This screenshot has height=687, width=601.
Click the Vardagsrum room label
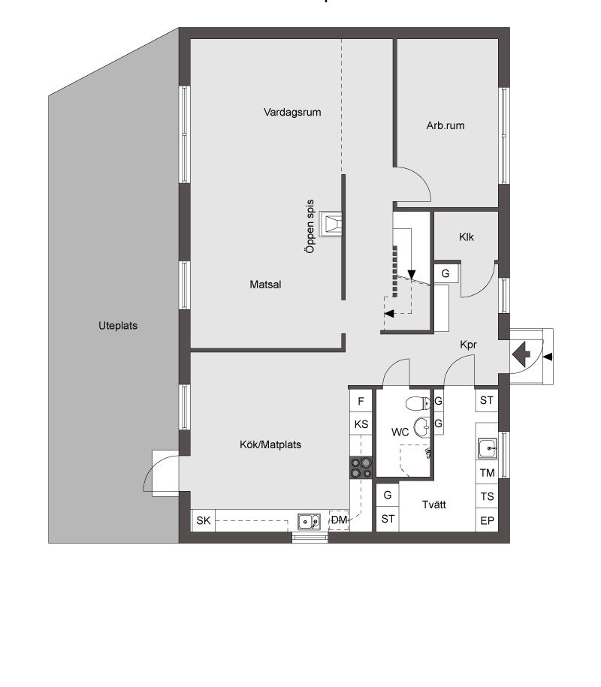pyautogui.click(x=292, y=112)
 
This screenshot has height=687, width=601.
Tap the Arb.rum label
pyautogui.click(x=445, y=125)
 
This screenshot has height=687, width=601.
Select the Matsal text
pyautogui.click(x=265, y=285)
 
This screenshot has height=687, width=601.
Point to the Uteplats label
pyautogui.click(x=118, y=326)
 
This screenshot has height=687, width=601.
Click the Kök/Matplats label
pyautogui.click(x=270, y=444)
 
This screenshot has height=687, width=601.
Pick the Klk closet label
pyautogui.click(x=467, y=237)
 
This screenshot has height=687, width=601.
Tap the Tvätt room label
pyautogui.click(x=434, y=505)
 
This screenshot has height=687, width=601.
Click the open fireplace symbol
pyautogui.click(x=331, y=224)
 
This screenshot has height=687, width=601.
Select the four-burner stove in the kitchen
pyautogui.click(x=361, y=467)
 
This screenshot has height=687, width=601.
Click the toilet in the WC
pyautogui.click(x=418, y=403)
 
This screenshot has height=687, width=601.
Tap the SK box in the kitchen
pyautogui.click(x=204, y=520)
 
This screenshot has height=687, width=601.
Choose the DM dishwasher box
pyautogui.click(x=339, y=520)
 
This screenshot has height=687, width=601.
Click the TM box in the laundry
pyautogui.click(x=487, y=473)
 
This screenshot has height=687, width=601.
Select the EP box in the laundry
pyautogui.click(x=487, y=520)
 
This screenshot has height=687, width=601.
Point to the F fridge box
pyautogui.click(x=361, y=401)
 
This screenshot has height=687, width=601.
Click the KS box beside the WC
pyautogui.click(x=361, y=424)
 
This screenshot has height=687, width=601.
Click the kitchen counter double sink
pyautogui.click(x=309, y=521)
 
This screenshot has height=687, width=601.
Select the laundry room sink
pyautogui.click(x=487, y=448)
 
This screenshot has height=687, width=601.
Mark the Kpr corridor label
pyautogui.click(x=468, y=345)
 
